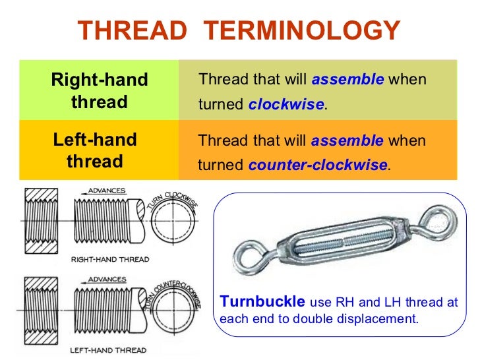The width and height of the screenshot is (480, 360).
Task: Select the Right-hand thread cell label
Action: coord(100,91)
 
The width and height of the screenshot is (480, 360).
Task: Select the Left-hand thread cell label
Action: coord(95,150)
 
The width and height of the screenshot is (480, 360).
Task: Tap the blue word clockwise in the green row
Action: coord(286,105)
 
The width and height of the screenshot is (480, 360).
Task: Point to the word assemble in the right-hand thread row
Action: coord(347,80)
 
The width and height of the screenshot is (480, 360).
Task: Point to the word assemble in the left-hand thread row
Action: coord(347,140)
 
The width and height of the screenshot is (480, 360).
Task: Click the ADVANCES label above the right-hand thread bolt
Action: coord(107,191)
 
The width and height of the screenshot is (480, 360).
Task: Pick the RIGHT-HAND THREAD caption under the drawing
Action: coord(110,259)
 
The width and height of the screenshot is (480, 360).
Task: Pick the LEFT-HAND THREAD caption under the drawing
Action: coord(109,349)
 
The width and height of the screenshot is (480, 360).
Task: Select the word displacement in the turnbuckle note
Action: coord(382,318)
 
